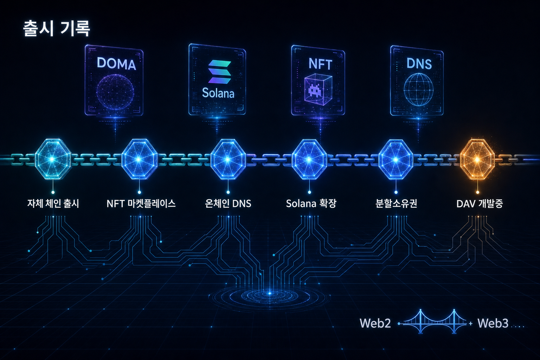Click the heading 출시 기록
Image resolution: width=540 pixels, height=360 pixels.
click(x=56, y=28)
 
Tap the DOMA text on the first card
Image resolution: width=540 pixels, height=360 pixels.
click(x=116, y=64)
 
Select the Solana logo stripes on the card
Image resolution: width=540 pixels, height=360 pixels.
click(x=219, y=72)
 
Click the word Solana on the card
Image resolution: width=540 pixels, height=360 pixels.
click(x=218, y=93)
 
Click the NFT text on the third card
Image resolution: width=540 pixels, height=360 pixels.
click(x=320, y=64)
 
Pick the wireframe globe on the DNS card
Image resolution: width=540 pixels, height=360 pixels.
click(x=418, y=89)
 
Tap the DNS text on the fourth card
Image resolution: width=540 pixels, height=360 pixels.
click(x=419, y=64)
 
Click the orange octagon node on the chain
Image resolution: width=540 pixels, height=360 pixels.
click(x=477, y=159)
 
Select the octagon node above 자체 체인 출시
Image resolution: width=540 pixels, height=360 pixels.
click(x=53, y=159)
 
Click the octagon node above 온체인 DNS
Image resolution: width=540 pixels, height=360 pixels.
click(x=228, y=159)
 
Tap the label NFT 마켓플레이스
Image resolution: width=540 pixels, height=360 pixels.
click(x=141, y=204)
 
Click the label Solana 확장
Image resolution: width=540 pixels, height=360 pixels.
click(x=311, y=204)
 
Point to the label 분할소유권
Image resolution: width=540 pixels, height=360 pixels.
click(x=396, y=204)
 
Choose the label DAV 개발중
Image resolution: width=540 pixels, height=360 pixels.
click(x=480, y=204)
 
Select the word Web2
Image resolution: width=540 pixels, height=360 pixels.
click(x=375, y=323)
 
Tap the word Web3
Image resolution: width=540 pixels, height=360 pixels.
click(x=493, y=323)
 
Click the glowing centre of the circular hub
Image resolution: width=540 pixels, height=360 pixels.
click(x=270, y=294)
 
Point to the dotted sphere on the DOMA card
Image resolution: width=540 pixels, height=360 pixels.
click(x=115, y=92)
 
